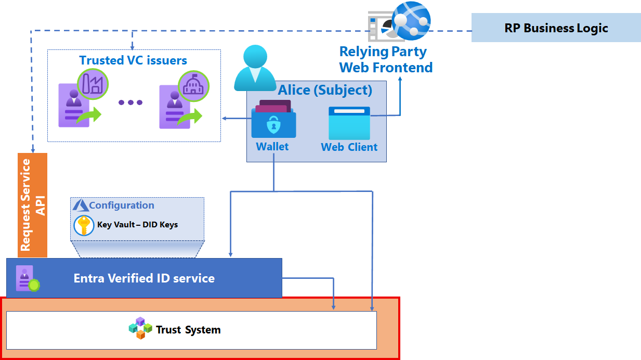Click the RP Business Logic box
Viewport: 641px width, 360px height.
[x=556, y=28]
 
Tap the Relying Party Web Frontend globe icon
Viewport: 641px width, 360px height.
[x=411, y=20]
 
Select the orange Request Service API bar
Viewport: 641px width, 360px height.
[x=32, y=205]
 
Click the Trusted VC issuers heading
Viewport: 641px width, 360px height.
[x=133, y=60]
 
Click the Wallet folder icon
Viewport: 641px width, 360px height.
[x=273, y=121]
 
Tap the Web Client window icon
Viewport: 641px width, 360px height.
[x=349, y=123]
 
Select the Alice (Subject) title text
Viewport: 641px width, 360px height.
[x=325, y=90]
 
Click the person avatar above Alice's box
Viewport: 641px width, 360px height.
[x=255, y=68]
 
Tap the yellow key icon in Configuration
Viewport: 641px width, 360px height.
[x=84, y=225]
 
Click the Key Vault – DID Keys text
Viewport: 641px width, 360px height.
[x=137, y=225]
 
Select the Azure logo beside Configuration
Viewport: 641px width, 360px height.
[x=81, y=205]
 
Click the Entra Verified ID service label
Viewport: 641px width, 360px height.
[x=144, y=278]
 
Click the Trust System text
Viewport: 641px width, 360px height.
[x=188, y=330]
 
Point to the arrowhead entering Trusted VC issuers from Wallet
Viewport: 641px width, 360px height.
[x=224, y=119]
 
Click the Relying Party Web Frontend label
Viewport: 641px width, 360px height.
[x=386, y=59]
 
